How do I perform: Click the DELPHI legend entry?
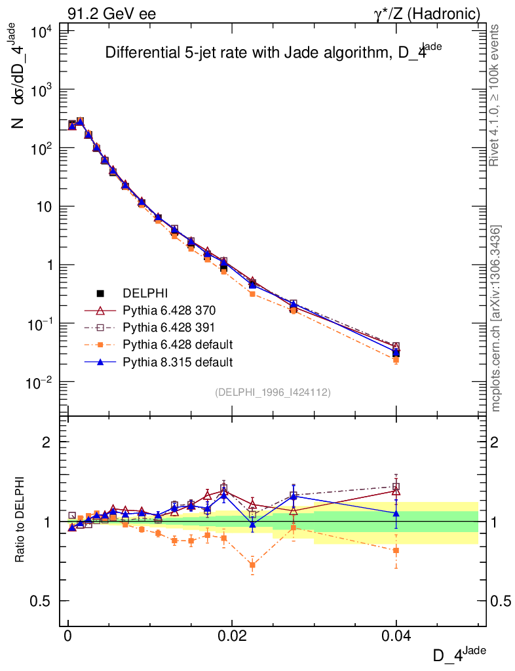tap(140, 293)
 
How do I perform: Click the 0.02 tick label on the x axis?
tap(232, 637)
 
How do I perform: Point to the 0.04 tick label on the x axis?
tap(396, 637)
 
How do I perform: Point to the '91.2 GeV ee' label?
tap(112, 13)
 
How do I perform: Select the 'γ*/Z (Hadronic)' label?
tap(427, 13)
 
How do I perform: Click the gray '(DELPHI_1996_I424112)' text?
tap(273, 393)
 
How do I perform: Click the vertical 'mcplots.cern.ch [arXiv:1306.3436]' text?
tap(496, 318)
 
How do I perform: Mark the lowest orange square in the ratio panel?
tap(252, 565)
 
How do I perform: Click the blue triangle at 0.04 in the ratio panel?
tap(396, 514)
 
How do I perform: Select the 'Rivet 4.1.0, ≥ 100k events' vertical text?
tap(496, 95)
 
